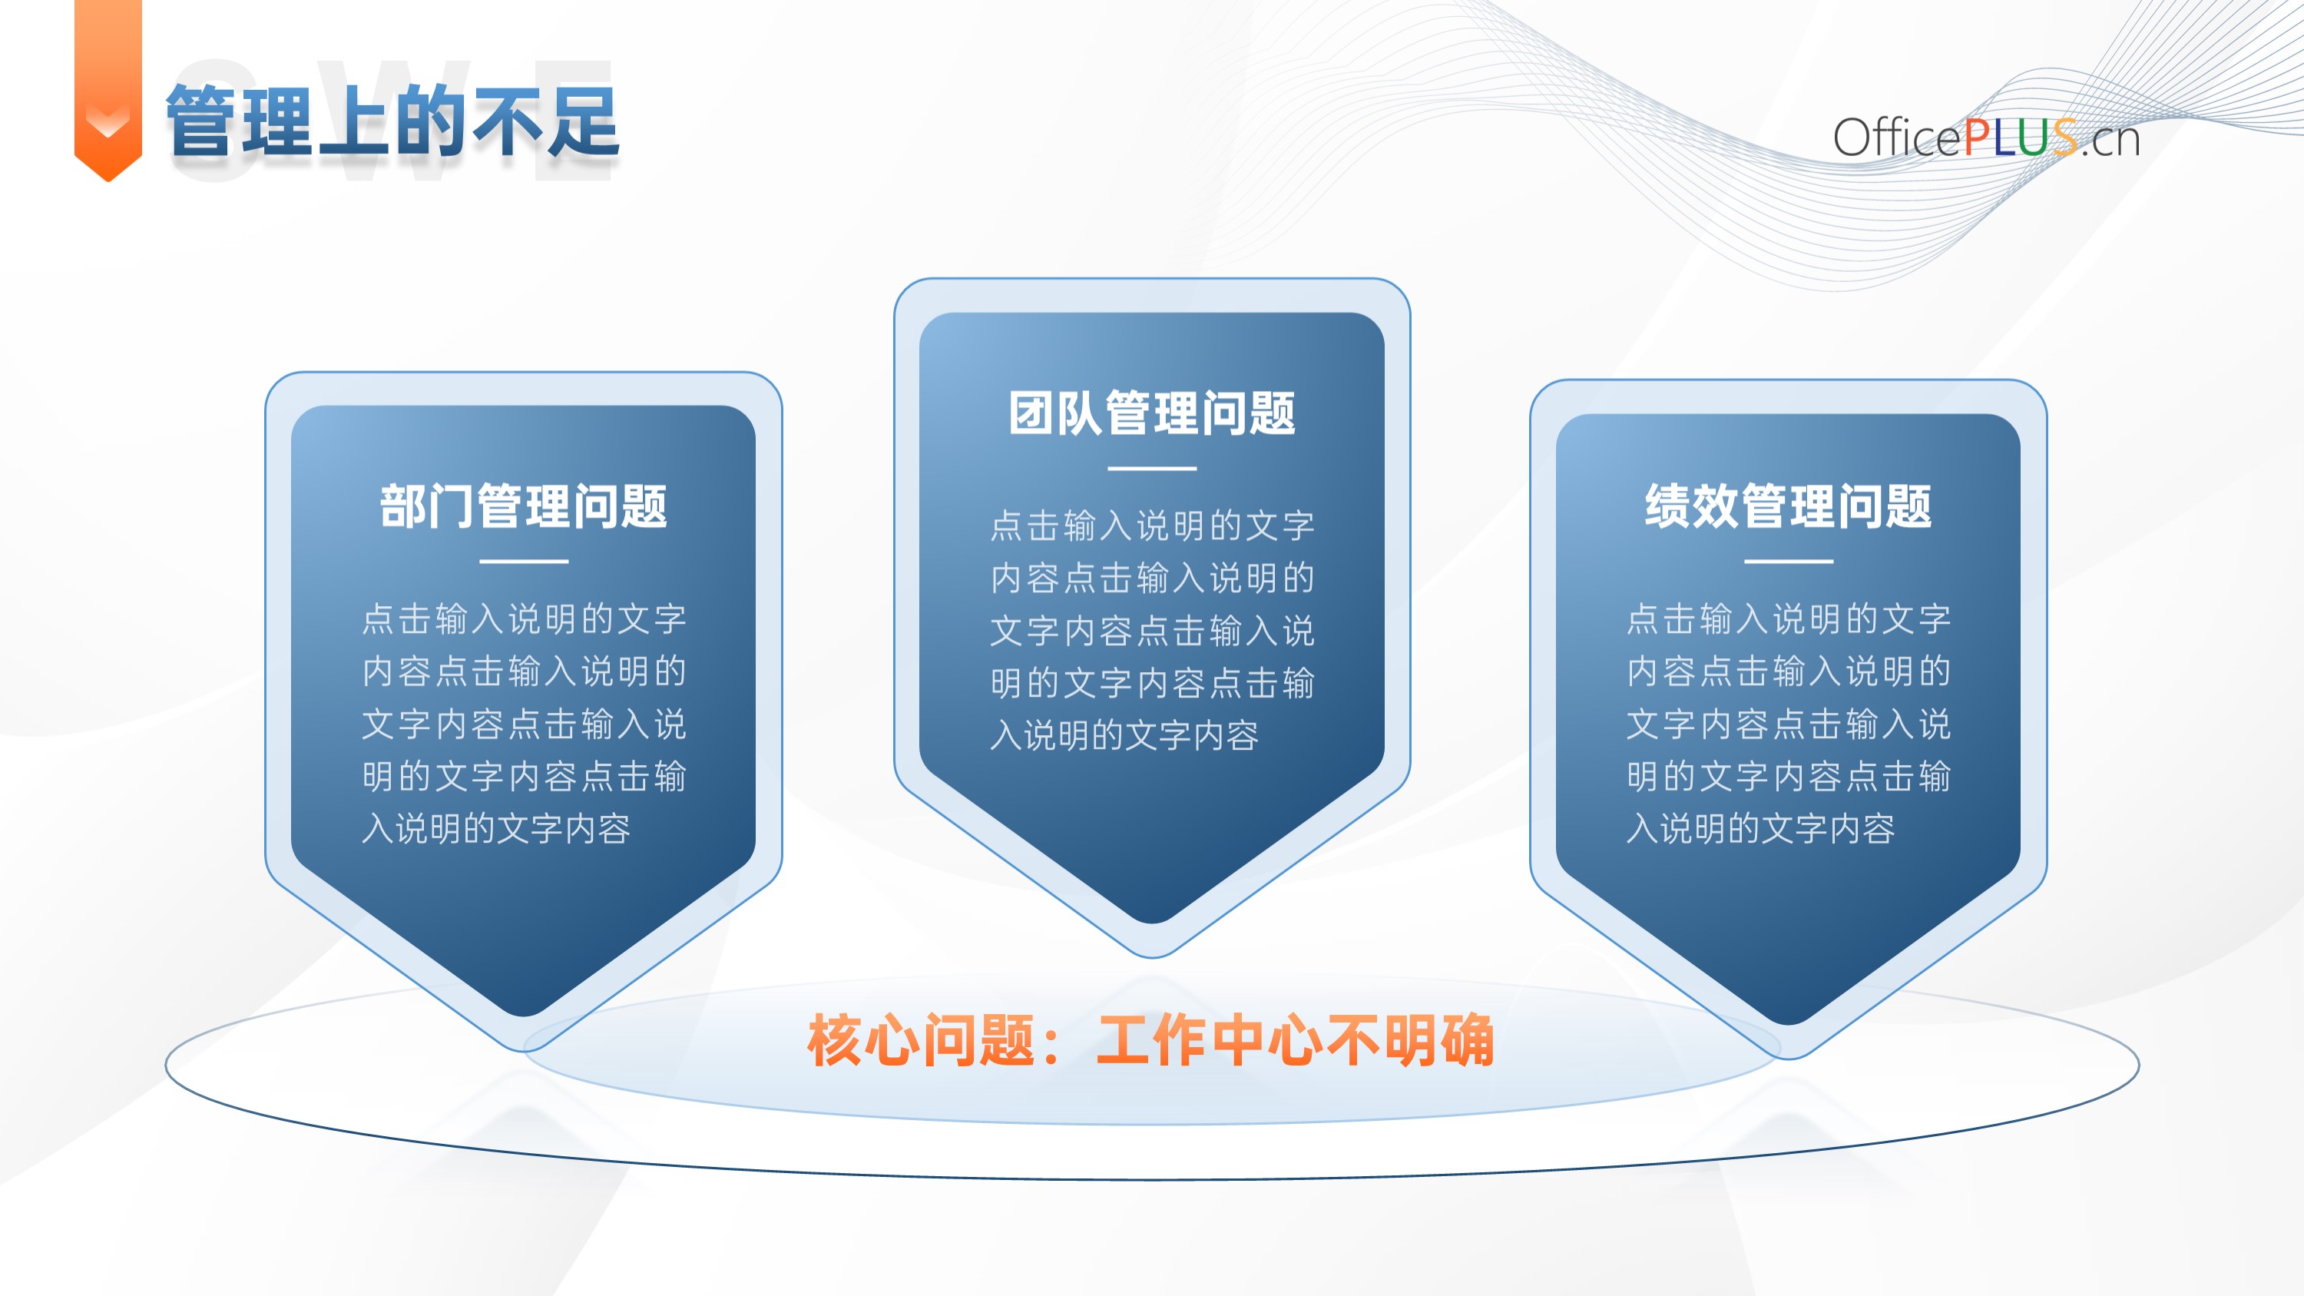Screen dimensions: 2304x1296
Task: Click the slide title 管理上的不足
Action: click(392, 121)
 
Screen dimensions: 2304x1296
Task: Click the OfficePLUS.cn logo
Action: click(1985, 138)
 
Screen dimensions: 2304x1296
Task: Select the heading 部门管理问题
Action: click(524, 506)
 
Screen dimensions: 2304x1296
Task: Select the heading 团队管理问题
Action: click(1152, 413)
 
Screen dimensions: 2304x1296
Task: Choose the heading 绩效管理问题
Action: click(1789, 506)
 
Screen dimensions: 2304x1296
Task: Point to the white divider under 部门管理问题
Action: click(524, 562)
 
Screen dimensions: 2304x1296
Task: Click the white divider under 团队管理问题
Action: click(1152, 468)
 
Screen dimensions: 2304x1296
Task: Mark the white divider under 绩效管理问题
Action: click(1789, 562)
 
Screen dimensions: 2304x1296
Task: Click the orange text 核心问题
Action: click(922, 1040)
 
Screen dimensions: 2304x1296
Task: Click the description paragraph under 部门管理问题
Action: click(524, 724)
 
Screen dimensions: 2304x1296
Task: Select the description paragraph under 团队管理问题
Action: click(1152, 631)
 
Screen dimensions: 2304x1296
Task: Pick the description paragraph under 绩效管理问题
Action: click(1789, 724)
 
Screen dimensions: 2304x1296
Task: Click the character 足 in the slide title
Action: click(583, 121)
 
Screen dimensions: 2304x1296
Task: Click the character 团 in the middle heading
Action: click(1032, 413)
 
